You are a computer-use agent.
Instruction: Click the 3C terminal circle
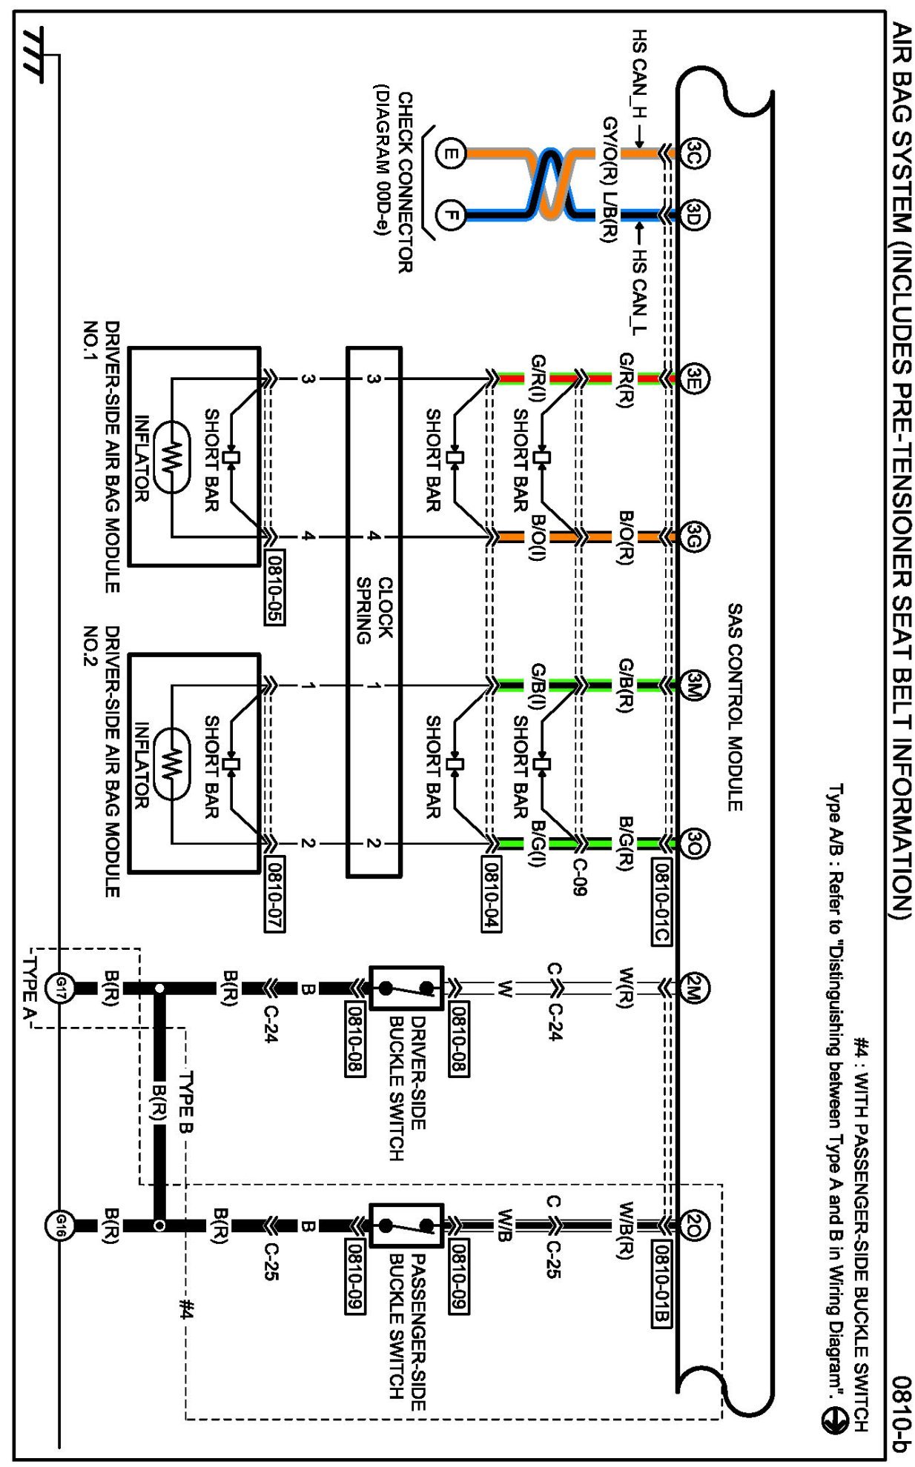pyautogui.click(x=694, y=153)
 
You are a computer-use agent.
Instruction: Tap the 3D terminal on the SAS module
pyautogui.click(x=694, y=216)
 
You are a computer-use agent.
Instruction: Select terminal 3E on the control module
pyautogui.click(x=694, y=379)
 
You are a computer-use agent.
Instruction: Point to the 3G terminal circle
pyautogui.click(x=694, y=536)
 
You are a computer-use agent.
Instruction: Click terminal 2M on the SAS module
pyautogui.click(x=694, y=988)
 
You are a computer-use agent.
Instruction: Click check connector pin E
pyautogui.click(x=450, y=154)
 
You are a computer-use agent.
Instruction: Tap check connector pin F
pyautogui.click(x=450, y=216)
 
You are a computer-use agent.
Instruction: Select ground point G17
pyautogui.click(x=60, y=988)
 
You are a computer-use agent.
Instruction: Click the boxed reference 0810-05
pyautogui.click(x=274, y=588)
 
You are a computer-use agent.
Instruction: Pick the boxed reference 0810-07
pyautogui.click(x=274, y=894)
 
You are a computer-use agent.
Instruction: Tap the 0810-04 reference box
pyautogui.click(x=491, y=894)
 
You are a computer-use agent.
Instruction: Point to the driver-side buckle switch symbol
pyautogui.click(x=406, y=988)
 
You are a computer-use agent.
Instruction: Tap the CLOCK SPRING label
pyautogui.click(x=374, y=610)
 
